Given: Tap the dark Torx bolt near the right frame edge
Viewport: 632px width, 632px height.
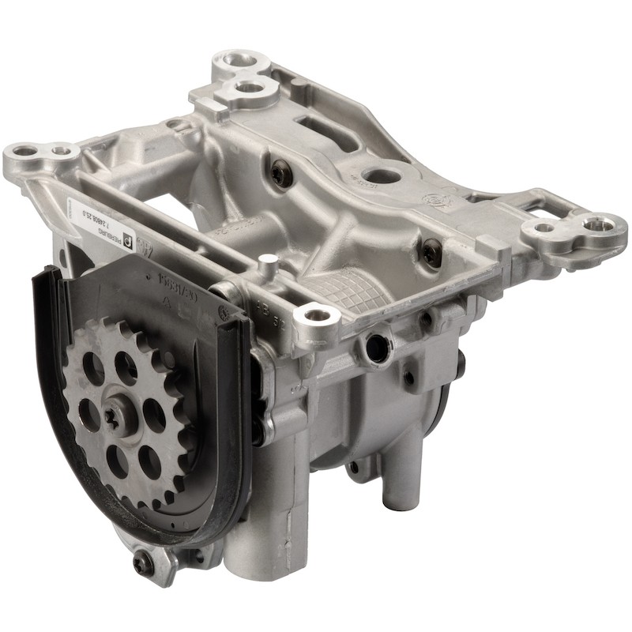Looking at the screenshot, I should (x=431, y=253).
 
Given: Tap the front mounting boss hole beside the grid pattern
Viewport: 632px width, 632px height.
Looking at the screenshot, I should (x=317, y=318).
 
